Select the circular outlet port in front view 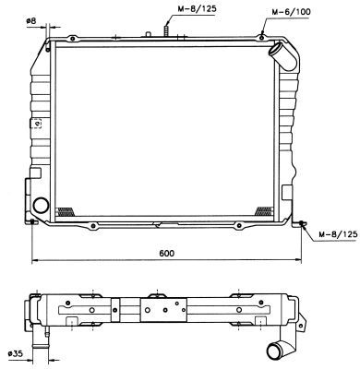click(42, 206)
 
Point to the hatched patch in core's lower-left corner click(67, 209)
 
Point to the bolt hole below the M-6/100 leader click(263, 35)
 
